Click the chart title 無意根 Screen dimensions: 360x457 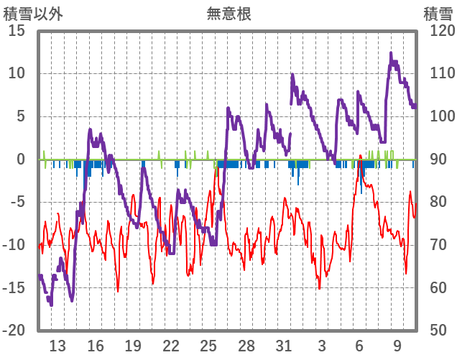228,13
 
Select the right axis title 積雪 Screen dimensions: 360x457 437,13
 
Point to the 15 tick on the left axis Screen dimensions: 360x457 17,31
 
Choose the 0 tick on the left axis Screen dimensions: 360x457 21,160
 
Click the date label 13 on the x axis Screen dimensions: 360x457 57,346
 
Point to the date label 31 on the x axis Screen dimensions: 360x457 284,346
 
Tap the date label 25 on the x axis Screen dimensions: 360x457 208,346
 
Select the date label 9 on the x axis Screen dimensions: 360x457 397,346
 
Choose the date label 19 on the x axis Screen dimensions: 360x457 133,346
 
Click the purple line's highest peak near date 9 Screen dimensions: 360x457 391,53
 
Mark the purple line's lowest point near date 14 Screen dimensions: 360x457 72,300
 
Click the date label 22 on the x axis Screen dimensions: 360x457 171,346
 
